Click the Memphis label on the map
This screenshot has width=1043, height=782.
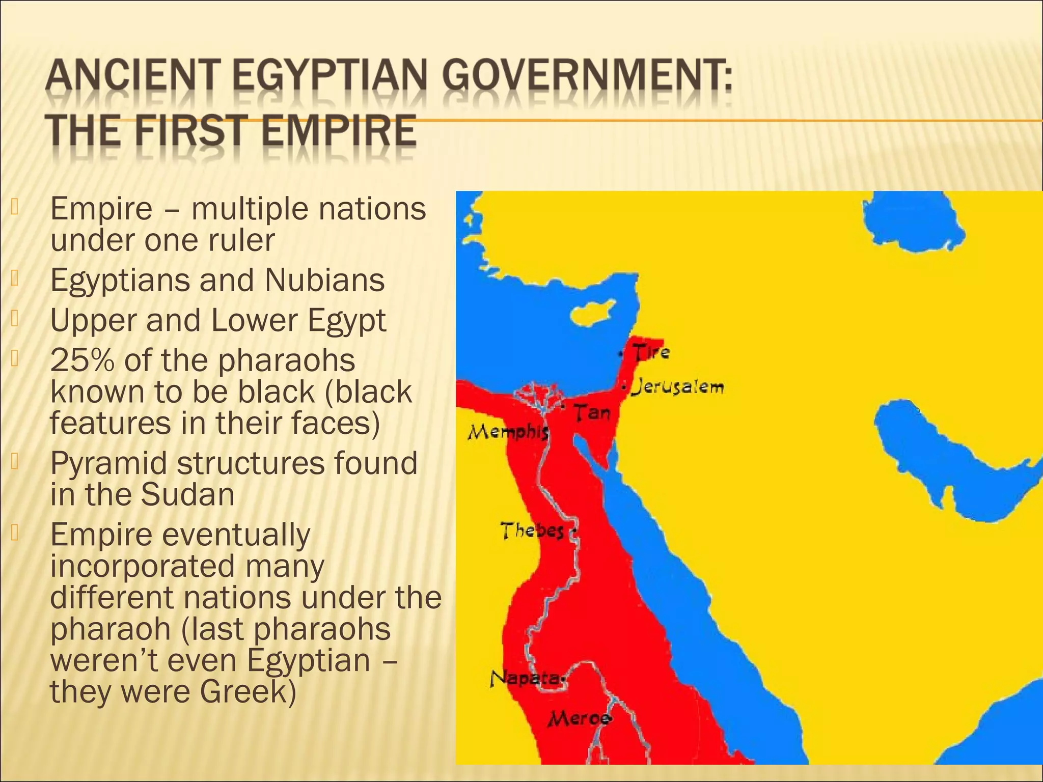[508, 433]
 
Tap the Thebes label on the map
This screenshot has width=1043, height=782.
[533, 531]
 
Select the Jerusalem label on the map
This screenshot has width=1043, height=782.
[677, 387]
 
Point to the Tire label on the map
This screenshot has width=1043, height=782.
[651, 352]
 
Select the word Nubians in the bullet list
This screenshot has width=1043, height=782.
[324, 280]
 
